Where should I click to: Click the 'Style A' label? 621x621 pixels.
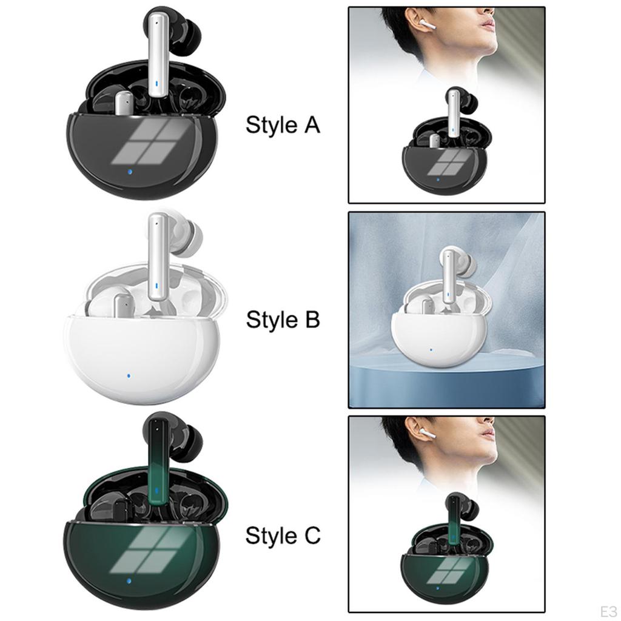coord(283,126)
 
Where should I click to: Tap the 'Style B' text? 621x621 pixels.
coord(283,320)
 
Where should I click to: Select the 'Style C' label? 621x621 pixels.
coord(283,536)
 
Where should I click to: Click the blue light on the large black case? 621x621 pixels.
coord(130,175)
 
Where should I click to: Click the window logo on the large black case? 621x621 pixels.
coord(139,141)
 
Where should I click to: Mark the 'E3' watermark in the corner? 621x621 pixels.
coord(607,609)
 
